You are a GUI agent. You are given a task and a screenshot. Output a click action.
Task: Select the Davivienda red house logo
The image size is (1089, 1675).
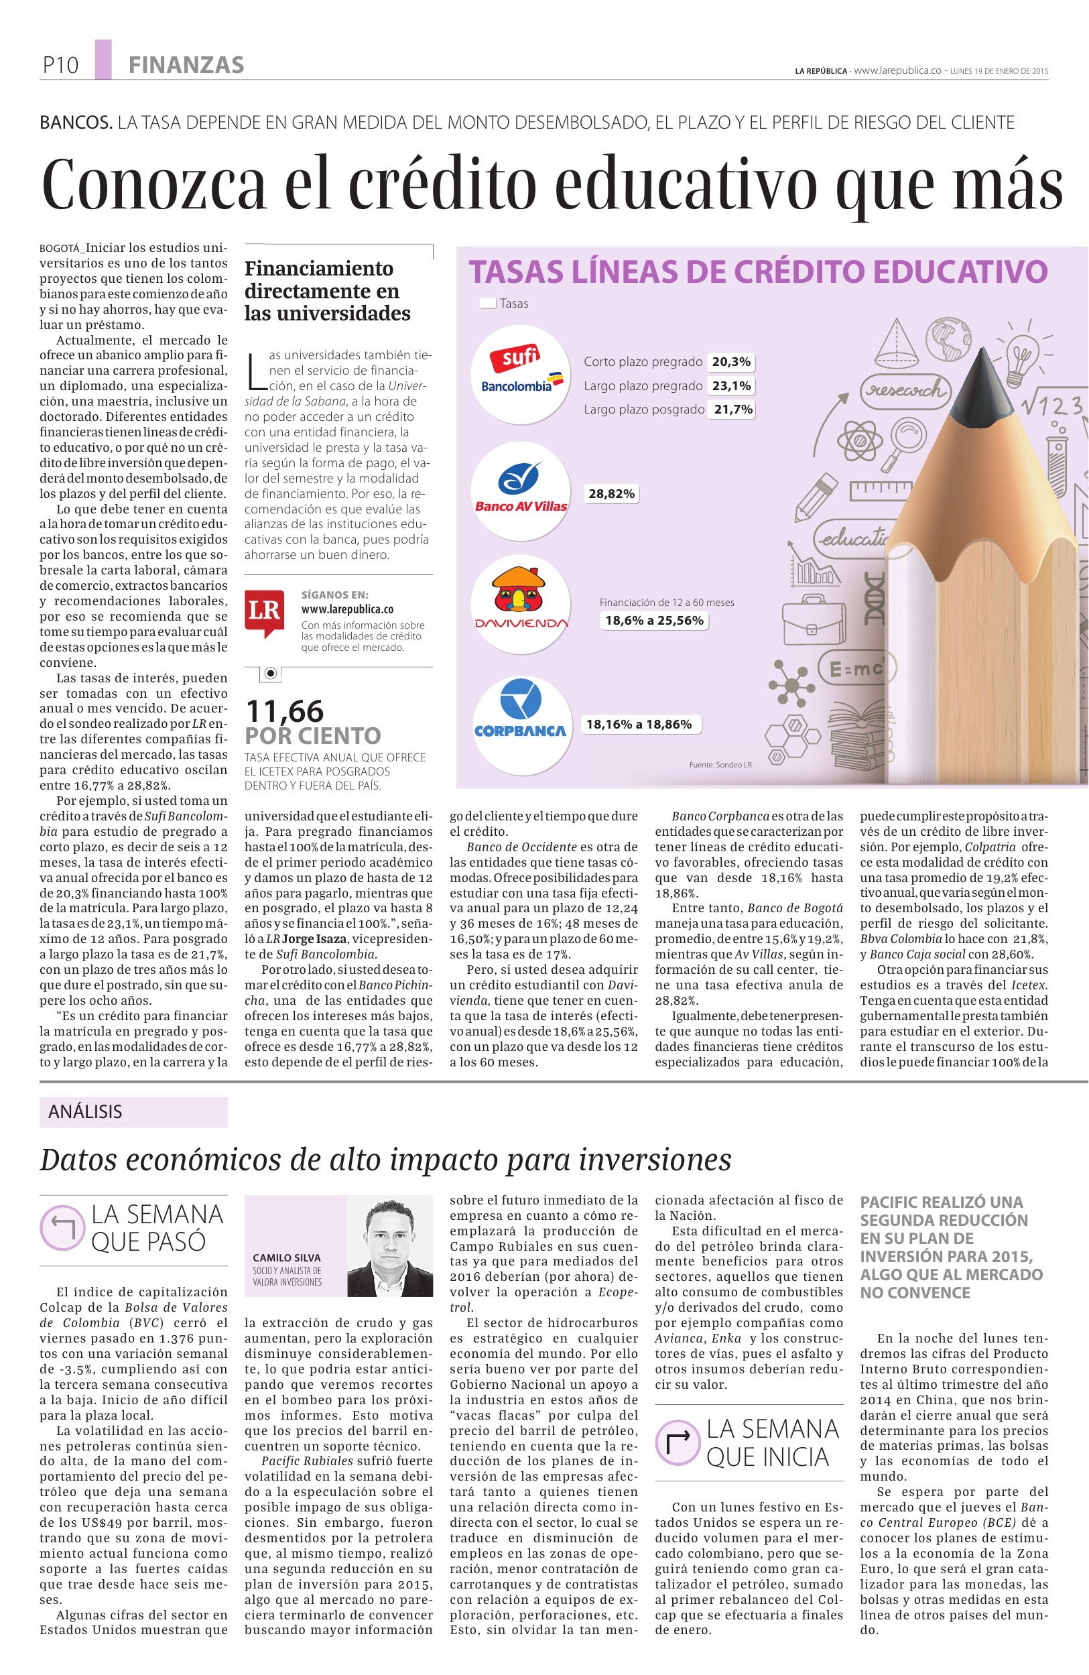click(x=521, y=600)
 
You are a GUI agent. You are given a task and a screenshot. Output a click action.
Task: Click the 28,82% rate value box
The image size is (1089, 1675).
click(x=611, y=494)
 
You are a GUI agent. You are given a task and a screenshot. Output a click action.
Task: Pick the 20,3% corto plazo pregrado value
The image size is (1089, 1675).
click(x=731, y=363)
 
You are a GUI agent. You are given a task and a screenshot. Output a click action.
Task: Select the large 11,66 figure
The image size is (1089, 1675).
click(x=284, y=710)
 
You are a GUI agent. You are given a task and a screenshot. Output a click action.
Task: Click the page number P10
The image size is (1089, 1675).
click(x=60, y=66)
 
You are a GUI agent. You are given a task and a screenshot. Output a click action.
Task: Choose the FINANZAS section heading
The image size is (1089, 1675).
click(x=186, y=66)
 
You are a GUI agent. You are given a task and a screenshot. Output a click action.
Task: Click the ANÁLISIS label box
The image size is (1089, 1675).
click(x=133, y=1112)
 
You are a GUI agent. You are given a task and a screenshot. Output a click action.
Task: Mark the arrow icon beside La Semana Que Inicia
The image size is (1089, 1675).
click(x=676, y=1440)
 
